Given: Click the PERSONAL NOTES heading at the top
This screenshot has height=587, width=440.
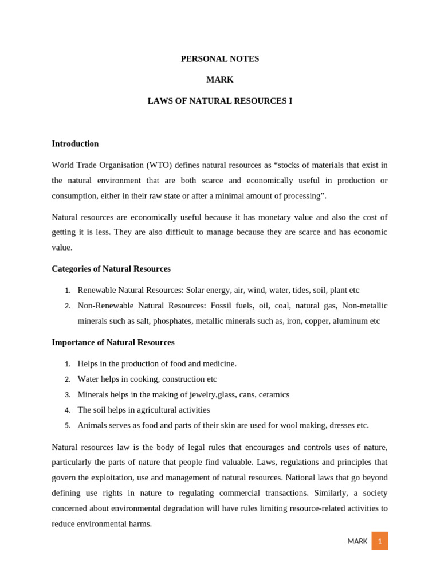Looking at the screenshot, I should coord(220,59).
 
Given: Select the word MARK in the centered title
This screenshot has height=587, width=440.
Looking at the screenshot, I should coord(220,80).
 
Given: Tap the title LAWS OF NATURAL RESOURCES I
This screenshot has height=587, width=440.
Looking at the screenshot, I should coord(220,101).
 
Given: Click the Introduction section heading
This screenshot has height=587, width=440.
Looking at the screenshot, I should coord(75,144).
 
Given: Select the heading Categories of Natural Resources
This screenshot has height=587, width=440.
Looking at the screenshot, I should coord(111,269).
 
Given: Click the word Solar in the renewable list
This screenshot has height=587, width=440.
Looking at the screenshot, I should coord(196,291).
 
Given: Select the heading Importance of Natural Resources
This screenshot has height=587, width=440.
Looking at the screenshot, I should coord(113,342).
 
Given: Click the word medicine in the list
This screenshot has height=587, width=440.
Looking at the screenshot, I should coord(218,364).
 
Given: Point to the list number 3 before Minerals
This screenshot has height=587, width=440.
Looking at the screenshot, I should coord(67,395).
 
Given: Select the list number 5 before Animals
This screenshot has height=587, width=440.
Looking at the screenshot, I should coord(67,426).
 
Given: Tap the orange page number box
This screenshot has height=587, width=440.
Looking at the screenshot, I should coord(379,541).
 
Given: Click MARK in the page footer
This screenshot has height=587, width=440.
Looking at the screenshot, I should coord(357,541).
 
